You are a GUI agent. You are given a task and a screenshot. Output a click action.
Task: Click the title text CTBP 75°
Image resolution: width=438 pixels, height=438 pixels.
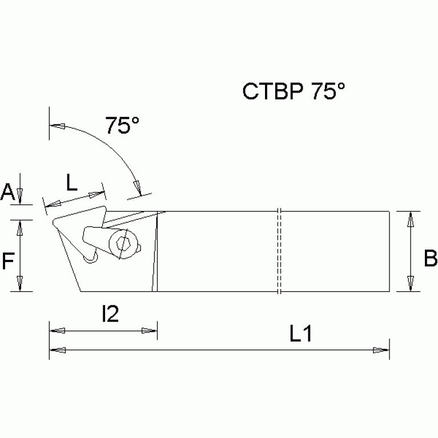pyautogui.click(x=294, y=91)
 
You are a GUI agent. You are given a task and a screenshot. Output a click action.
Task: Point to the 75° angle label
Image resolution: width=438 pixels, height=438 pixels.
pyautogui.click(x=122, y=125)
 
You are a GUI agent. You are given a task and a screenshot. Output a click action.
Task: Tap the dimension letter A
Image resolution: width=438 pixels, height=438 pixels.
pyautogui.click(x=7, y=193)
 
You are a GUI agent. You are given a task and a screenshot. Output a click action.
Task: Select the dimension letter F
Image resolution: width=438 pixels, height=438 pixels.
pyautogui.click(x=7, y=261)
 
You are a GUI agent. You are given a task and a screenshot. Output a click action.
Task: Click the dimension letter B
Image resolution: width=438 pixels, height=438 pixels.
pyautogui.click(x=430, y=259)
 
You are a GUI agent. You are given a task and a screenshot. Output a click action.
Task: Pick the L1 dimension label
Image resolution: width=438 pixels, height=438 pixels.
pyautogui.click(x=301, y=335)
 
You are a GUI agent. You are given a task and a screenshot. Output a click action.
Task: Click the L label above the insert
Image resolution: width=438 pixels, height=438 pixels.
pyautogui.click(x=72, y=183)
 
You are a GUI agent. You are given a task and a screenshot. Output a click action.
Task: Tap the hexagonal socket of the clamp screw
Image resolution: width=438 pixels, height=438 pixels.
pyautogui.click(x=123, y=244)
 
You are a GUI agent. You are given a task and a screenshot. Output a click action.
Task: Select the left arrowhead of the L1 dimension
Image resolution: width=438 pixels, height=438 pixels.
pyautogui.click(x=57, y=350)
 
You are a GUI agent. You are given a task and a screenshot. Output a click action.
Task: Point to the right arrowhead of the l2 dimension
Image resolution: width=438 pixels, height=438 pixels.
pyautogui.click(x=150, y=330)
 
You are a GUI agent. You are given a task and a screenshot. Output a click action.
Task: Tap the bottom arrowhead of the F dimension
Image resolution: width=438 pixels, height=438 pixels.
pyautogui.click(x=21, y=284)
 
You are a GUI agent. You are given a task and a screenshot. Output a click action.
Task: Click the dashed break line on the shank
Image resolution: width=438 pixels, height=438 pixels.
pyautogui.click(x=279, y=251)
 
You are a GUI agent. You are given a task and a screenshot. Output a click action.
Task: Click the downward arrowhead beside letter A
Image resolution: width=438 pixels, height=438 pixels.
pyautogui.click(x=21, y=197)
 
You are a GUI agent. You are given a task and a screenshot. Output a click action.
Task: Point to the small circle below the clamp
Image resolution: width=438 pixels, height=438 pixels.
pyautogui.click(x=89, y=259)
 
